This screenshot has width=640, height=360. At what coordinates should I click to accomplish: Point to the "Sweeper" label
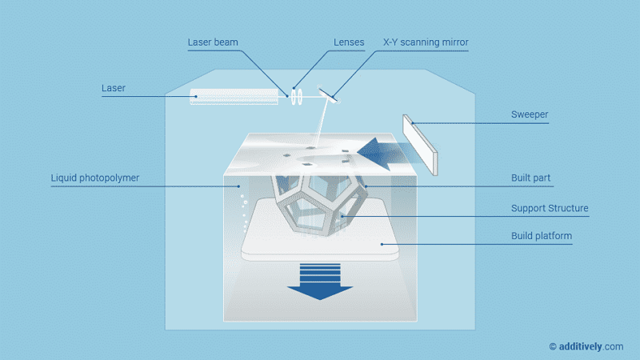pyautogui.click(x=530, y=114)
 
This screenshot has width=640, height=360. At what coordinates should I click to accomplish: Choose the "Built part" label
pyautogui.click(x=531, y=178)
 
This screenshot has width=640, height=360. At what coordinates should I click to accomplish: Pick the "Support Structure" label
pyautogui.click(x=550, y=208)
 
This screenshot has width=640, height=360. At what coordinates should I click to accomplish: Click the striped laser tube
pyautogui.click(x=234, y=97)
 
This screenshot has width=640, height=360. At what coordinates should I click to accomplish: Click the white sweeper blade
pyautogui.click(x=421, y=144)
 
